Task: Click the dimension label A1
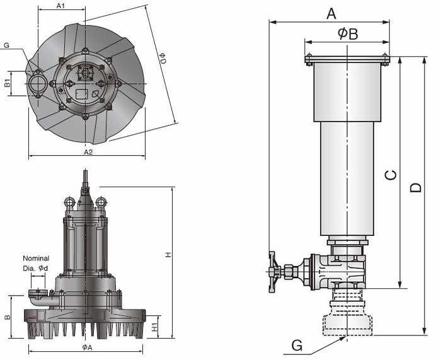click(61, 6)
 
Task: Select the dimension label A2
click(88, 152)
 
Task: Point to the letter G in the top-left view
click(6, 45)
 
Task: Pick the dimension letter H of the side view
click(168, 255)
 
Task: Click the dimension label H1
click(155, 327)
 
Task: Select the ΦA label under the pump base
click(87, 347)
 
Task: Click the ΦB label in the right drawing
click(347, 33)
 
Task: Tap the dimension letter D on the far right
click(416, 187)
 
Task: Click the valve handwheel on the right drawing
click(273, 272)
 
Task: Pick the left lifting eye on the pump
click(69, 202)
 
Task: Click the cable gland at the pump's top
click(85, 183)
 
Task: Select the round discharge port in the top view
click(35, 83)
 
